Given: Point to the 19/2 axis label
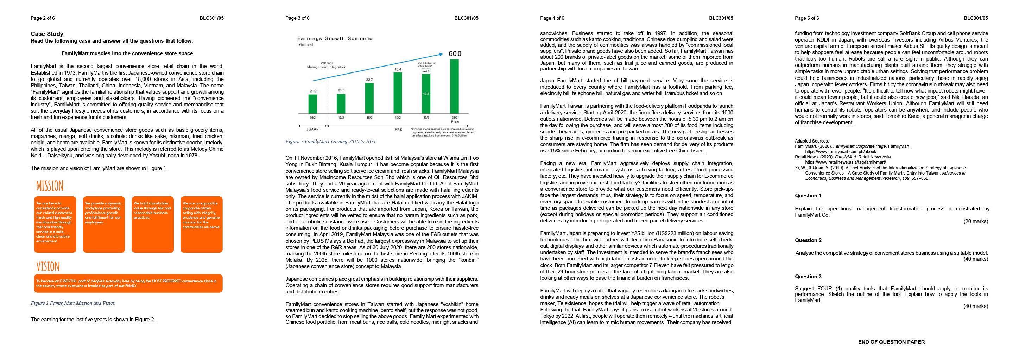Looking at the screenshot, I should [398, 118].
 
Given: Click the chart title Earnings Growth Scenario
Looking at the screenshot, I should [335, 38].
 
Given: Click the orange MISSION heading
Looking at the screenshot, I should [50, 186].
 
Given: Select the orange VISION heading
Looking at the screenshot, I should [48, 266].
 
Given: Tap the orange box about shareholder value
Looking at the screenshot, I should [152, 224].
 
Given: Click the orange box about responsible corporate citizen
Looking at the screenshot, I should [201, 224].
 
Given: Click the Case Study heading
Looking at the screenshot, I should [47, 34].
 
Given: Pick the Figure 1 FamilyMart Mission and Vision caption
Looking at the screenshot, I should [73, 303].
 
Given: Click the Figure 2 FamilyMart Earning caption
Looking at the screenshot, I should [330, 141].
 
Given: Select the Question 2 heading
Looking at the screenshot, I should [808, 240].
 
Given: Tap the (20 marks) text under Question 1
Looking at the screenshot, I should [975, 221].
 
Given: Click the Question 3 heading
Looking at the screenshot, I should [808, 277].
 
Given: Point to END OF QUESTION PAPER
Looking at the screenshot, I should [891, 342].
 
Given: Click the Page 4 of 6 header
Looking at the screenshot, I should [552, 18].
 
